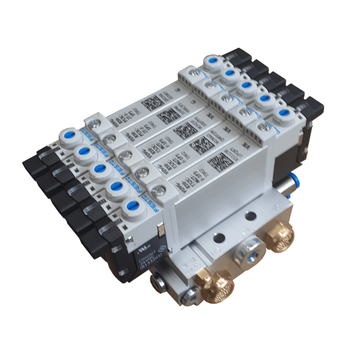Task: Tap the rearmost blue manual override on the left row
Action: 68,137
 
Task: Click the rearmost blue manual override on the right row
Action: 211,64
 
